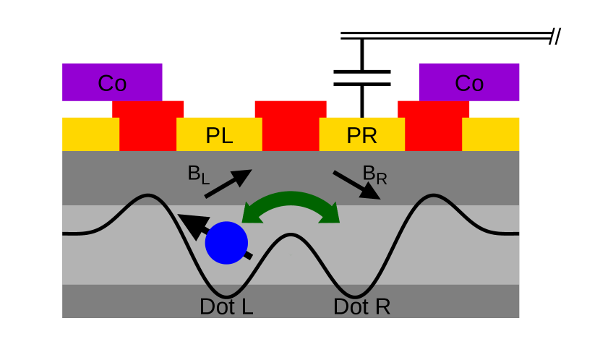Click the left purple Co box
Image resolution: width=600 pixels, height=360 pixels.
(x=112, y=82)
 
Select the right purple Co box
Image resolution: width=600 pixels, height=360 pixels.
(x=469, y=82)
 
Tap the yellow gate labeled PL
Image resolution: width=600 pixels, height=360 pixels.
(x=219, y=134)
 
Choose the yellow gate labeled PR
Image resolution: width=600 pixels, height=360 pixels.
(x=361, y=134)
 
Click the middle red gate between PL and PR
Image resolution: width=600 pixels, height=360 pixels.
(x=291, y=126)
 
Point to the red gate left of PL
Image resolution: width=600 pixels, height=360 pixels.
(x=147, y=126)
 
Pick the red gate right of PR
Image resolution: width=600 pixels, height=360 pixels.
(x=433, y=126)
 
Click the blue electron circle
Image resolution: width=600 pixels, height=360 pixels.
(x=226, y=243)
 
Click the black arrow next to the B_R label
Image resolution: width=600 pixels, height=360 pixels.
(x=356, y=184)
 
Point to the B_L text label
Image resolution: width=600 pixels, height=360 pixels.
(x=197, y=174)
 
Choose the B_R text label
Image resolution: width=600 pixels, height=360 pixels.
(x=374, y=174)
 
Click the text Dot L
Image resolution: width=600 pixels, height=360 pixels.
(x=226, y=307)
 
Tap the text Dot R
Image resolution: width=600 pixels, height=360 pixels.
(x=361, y=307)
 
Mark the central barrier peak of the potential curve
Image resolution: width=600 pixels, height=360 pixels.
(x=291, y=235)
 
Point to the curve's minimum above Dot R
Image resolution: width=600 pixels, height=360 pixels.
(x=355, y=296)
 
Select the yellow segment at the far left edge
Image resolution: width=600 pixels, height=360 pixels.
(x=90, y=134)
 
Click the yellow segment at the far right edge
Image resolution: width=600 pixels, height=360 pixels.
(x=491, y=134)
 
